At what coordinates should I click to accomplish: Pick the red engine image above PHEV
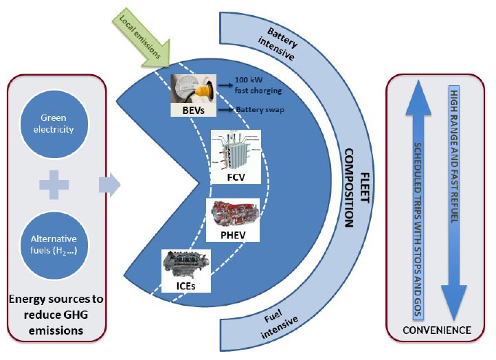233,214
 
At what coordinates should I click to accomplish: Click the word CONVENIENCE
437,330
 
